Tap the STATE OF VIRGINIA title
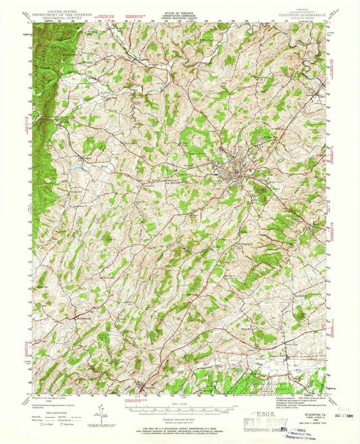(x=178, y=5)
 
